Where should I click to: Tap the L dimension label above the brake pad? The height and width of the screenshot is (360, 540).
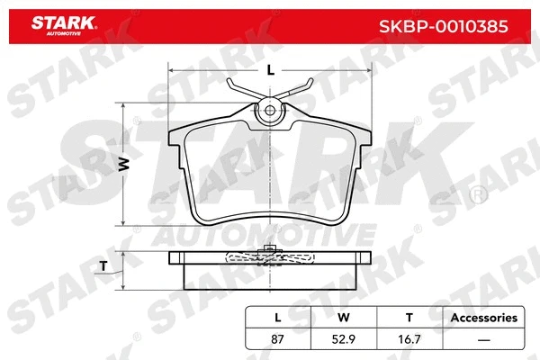[x=270, y=69]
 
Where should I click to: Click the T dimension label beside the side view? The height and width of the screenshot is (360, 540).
[x=104, y=265]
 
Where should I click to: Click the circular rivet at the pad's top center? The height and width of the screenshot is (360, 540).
[x=270, y=112]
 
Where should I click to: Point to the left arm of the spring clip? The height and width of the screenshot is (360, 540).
[x=241, y=90]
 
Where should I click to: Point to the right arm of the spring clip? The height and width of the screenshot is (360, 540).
[x=299, y=90]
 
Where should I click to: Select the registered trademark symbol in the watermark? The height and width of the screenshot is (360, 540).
[x=473, y=193]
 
